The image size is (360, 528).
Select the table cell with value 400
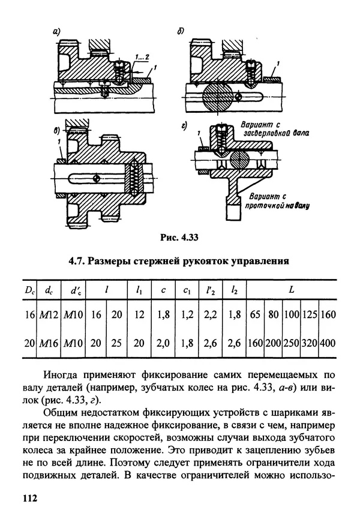coord(328,343)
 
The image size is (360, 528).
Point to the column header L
coord(292,289)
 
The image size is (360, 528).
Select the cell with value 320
coord(310,343)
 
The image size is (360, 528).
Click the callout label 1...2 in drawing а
coord(142,58)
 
